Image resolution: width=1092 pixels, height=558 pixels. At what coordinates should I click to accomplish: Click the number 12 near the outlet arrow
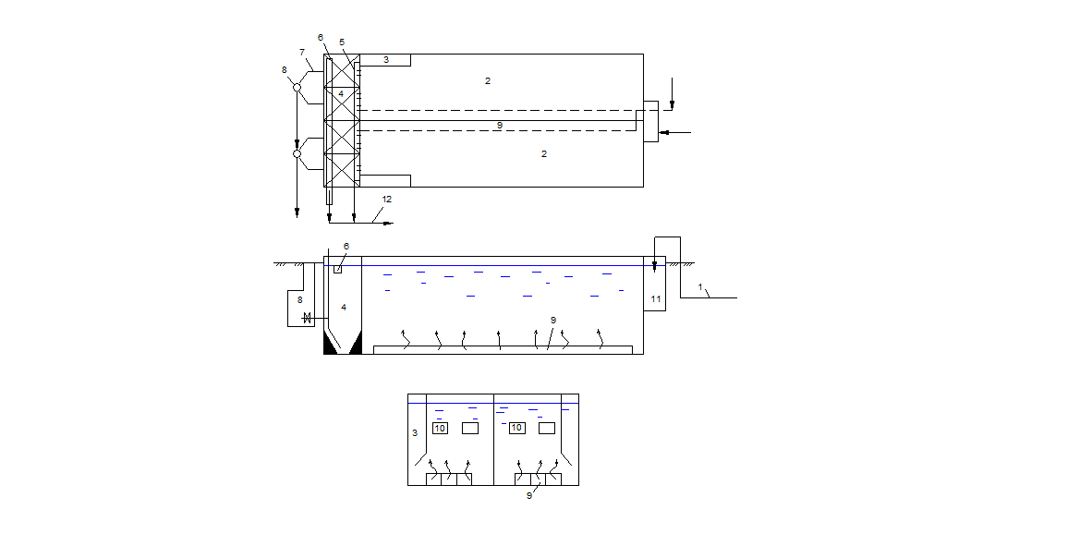coord(387,200)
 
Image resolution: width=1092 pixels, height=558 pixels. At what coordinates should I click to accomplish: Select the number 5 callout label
coord(342,42)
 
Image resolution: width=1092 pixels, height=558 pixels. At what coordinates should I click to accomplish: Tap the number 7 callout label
coord(301,53)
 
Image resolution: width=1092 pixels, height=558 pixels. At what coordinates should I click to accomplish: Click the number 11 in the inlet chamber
coord(655,298)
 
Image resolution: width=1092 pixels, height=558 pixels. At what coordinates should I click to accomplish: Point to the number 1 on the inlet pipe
coord(700,287)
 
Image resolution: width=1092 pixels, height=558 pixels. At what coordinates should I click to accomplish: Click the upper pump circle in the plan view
coord(297,87)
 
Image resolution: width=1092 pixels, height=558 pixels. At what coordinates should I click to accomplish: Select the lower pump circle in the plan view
coord(297,153)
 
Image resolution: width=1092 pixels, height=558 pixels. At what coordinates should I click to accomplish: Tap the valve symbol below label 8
coord(307,319)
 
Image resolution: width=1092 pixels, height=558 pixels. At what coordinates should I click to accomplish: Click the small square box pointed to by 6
coord(338,269)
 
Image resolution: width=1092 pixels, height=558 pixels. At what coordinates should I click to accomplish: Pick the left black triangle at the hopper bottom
coord(330,345)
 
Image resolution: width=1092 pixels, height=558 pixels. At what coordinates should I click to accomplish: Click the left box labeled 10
coord(440,428)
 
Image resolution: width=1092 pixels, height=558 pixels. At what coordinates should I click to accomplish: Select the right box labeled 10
coord(516,428)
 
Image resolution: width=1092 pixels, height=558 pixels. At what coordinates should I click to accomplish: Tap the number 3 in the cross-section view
coord(415,432)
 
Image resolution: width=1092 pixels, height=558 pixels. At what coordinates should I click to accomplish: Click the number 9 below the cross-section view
coord(529,496)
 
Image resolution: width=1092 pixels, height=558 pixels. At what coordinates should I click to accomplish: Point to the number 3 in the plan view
coord(386,60)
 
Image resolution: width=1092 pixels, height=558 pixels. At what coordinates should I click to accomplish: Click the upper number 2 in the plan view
coord(488,80)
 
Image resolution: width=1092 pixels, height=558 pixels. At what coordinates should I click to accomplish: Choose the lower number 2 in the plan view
coord(544,154)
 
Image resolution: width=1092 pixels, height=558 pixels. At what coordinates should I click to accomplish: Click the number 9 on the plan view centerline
coord(499,126)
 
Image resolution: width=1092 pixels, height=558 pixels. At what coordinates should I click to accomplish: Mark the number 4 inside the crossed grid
coord(341,93)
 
